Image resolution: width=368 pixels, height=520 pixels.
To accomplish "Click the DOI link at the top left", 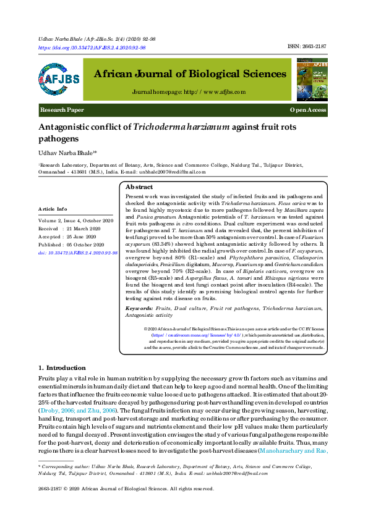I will [x=92, y=48].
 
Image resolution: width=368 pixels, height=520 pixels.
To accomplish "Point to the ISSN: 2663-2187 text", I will [x=308, y=47].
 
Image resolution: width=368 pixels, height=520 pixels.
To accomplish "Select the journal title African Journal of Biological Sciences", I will [x=190, y=74].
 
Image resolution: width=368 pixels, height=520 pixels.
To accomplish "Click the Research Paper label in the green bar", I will [x=62, y=109].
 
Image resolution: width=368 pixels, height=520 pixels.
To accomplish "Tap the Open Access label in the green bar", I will [x=308, y=109].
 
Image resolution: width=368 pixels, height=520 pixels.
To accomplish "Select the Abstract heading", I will [x=139, y=187].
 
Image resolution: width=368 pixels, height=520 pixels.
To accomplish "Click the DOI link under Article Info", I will [x=77, y=252].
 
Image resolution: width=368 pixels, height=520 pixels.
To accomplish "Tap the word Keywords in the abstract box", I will [x=140, y=308].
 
